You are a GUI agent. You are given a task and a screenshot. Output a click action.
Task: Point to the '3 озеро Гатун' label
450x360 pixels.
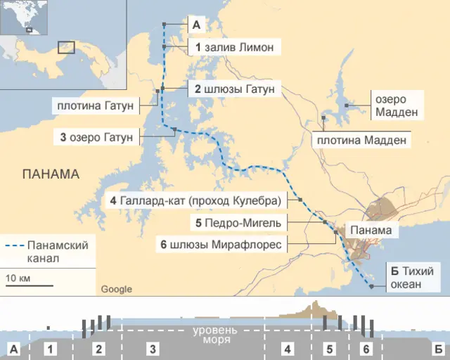pyautogui.click(x=96, y=137)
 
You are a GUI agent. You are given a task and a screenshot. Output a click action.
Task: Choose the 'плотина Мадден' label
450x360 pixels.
pyautogui.click(x=362, y=140)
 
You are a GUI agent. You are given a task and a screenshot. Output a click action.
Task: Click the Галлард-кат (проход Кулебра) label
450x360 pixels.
pyautogui.click(x=196, y=201)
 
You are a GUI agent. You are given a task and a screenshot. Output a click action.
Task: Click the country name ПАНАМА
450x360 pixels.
pyautogui.click(x=51, y=174)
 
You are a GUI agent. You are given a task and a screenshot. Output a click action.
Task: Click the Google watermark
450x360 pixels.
pyautogui.click(x=116, y=289)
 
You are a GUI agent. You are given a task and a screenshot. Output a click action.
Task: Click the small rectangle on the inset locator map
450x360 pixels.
pyautogui.click(x=66, y=47)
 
